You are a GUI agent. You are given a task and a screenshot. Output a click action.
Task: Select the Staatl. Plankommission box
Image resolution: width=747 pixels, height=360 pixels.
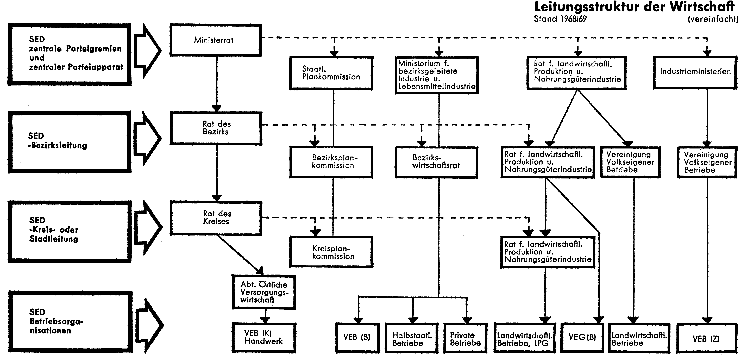pyautogui.click(x=331, y=73)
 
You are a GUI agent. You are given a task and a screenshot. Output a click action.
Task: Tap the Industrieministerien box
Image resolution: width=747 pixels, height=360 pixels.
pyautogui.click(x=695, y=72)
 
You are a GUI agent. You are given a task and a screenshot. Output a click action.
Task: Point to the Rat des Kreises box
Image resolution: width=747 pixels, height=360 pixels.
pyautogui.click(x=216, y=218)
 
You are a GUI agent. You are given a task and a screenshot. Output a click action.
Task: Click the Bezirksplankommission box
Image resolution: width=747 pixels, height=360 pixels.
pyautogui.click(x=331, y=162)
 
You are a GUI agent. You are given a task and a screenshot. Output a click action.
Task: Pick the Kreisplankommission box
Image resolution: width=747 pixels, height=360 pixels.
pyautogui.click(x=331, y=252)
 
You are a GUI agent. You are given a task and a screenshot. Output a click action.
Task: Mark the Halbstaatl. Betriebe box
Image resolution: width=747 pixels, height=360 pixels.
pyautogui.click(x=411, y=338)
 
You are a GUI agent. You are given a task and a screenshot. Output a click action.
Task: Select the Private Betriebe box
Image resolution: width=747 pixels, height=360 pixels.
pyautogui.click(x=465, y=338)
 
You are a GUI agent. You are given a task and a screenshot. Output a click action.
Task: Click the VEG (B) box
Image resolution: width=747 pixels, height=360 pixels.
pyautogui.click(x=582, y=338)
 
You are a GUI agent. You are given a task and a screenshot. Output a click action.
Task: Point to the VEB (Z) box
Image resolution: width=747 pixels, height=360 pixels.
pyautogui.click(x=707, y=338)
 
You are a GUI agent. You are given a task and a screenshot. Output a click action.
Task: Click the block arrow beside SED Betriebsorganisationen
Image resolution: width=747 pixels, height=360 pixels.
pyautogui.click(x=149, y=325)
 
